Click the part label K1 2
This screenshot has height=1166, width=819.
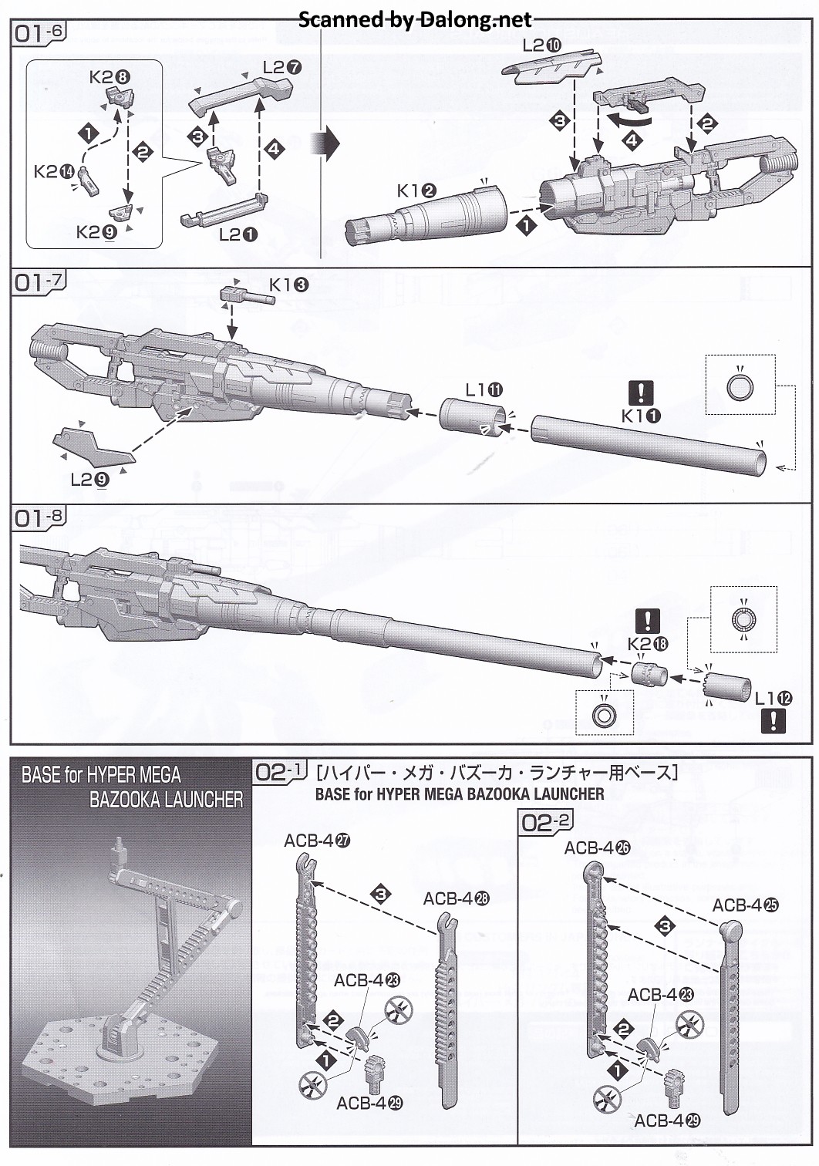pyautogui.click(x=417, y=190)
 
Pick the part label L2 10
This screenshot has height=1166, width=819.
pyautogui.click(x=542, y=45)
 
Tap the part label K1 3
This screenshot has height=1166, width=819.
pyautogui.click(x=288, y=285)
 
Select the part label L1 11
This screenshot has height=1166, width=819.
pyautogui.click(x=484, y=390)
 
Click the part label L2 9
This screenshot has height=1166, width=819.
pyautogui.click(x=89, y=479)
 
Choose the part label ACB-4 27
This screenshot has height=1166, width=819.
pyautogui.click(x=317, y=841)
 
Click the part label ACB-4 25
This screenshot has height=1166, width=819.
pyautogui.click(x=745, y=905)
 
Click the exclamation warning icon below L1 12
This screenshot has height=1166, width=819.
pyautogui.click(x=773, y=721)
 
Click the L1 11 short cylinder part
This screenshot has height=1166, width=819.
pyautogui.click(x=472, y=416)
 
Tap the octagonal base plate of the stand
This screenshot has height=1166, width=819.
pyautogui.click(x=123, y=1072)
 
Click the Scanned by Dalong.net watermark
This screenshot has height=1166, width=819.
pyautogui.click(x=415, y=19)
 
